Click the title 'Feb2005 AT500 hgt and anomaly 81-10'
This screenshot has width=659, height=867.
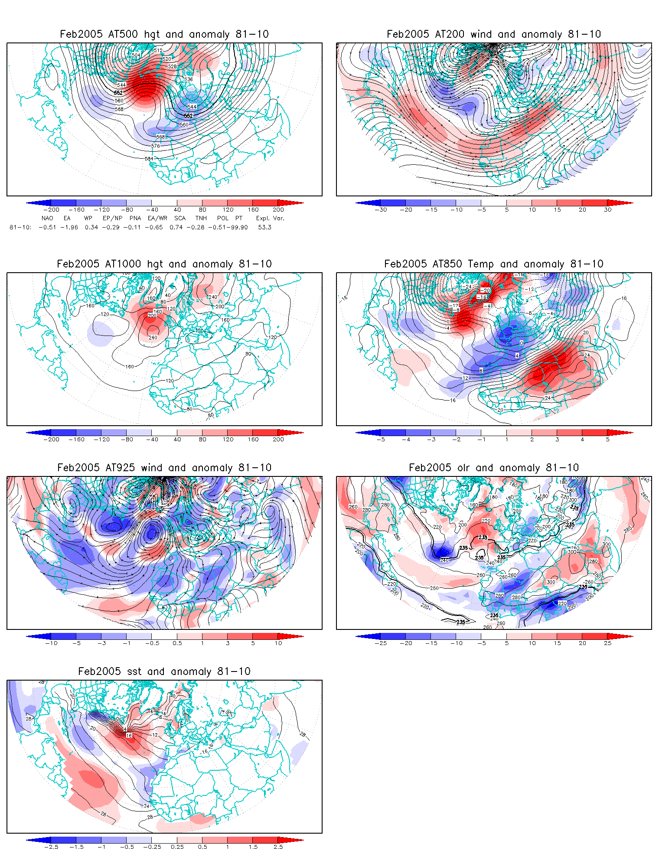pos(164,34)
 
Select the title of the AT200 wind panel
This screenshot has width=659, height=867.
pos(494,34)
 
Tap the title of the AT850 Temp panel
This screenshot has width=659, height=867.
pos(494,264)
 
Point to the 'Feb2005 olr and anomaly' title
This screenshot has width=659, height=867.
pos(494,468)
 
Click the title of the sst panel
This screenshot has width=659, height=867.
pos(164,671)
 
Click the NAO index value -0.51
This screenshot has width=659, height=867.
pos(47,227)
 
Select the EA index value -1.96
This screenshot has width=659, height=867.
pos(69,227)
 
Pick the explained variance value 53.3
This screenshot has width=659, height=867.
pos(264,227)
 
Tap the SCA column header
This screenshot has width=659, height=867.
pos(180,218)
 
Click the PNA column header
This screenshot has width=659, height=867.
pos(135,218)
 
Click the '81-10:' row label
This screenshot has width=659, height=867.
pos(20,227)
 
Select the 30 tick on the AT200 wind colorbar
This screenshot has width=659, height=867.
pos(608,210)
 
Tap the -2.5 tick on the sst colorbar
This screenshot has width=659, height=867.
pos(51,847)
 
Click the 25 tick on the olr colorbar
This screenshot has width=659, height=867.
pos(608,643)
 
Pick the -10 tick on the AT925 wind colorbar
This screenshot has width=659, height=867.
pos(51,643)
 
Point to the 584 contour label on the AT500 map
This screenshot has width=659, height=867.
pos(149,159)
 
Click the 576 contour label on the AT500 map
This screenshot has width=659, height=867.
pos(156,146)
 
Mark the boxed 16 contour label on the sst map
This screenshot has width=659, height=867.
pos(129,736)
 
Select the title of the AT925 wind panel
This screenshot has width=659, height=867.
pos(164,468)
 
